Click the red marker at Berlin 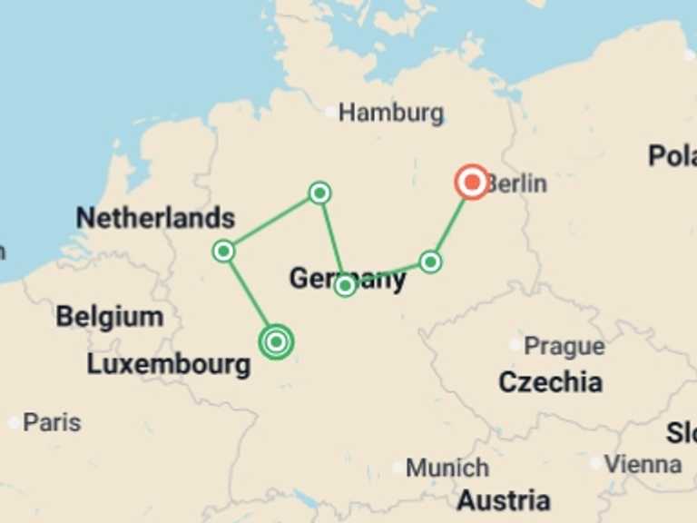point(472,183)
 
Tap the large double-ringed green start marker point(276,341)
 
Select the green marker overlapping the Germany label point(345,286)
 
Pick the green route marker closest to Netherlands point(223,251)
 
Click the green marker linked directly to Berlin point(430,262)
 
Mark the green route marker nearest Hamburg point(319,192)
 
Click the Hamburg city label point(391,113)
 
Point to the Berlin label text point(516,183)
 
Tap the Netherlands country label point(155,218)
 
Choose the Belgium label point(110,317)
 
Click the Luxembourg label point(169,365)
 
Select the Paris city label point(52,422)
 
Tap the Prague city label point(564,346)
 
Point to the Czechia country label point(550,382)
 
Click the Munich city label point(447,469)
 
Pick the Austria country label point(503,500)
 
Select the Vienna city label point(643,464)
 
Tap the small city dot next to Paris point(14,423)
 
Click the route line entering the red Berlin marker point(451,223)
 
